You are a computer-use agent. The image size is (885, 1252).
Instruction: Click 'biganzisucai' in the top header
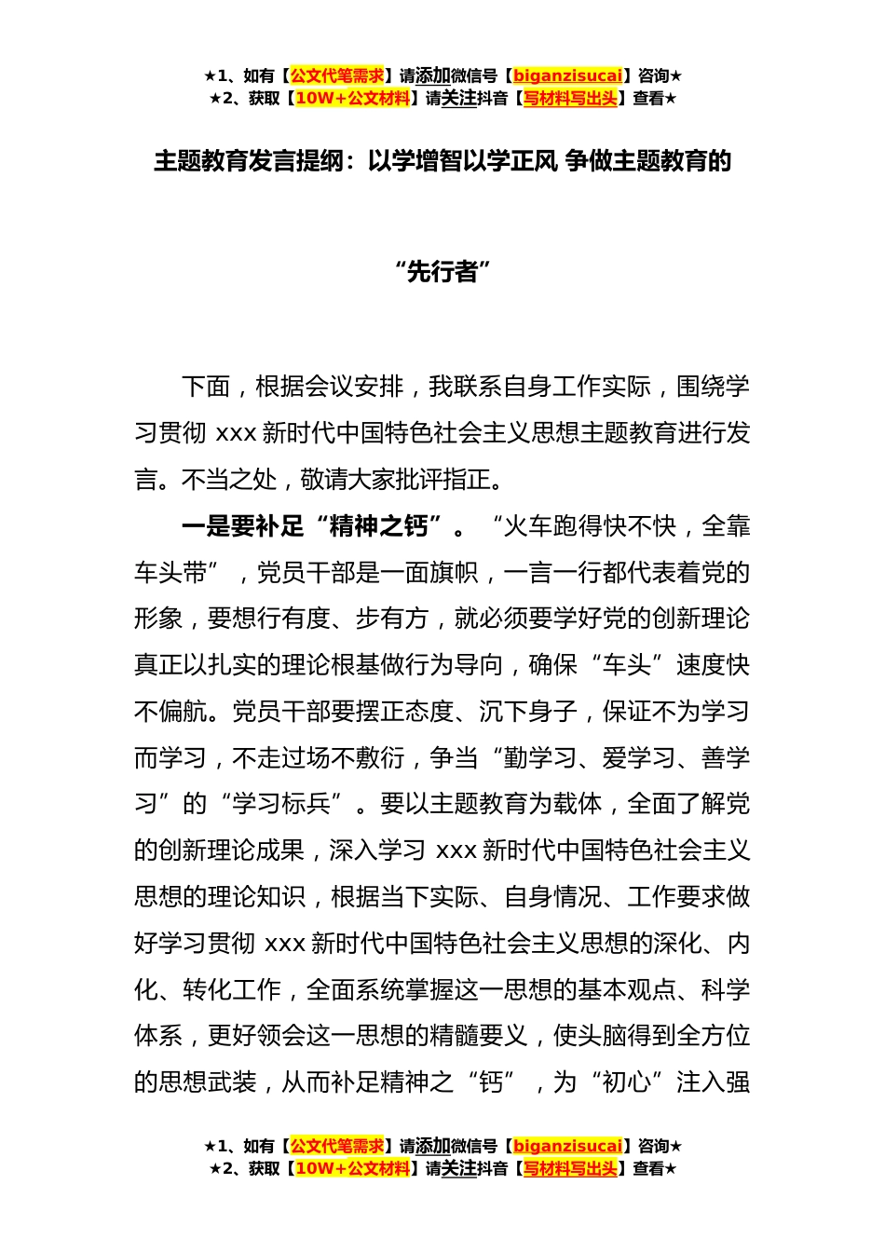click(x=567, y=75)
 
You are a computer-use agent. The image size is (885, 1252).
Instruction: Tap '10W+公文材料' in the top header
click(x=352, y=98)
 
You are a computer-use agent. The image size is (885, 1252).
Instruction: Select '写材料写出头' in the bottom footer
click(x=570, y=1168)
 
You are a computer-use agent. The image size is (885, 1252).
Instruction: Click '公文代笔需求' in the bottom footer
click(x=337, y=1146)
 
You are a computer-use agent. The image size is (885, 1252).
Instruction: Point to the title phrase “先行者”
click(x=442, y=272)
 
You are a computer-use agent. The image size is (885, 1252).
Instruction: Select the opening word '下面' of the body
click(x=206, y=387)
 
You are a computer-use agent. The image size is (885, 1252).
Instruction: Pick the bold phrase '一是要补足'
click(x=242, y=526)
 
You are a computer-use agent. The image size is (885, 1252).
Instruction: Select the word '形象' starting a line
click(x=158, y=619)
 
